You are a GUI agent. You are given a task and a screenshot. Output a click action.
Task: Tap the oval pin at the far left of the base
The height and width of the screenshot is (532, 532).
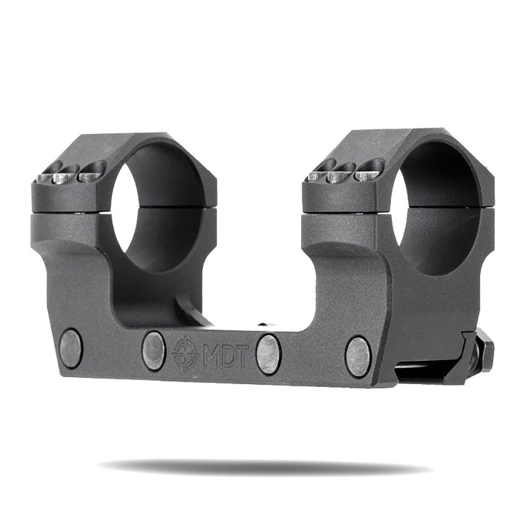click(71, 348)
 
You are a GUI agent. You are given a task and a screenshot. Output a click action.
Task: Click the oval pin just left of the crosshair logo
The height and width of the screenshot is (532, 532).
click(153, 350)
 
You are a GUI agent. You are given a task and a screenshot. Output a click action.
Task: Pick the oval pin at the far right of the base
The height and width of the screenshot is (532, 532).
click(358, 356)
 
